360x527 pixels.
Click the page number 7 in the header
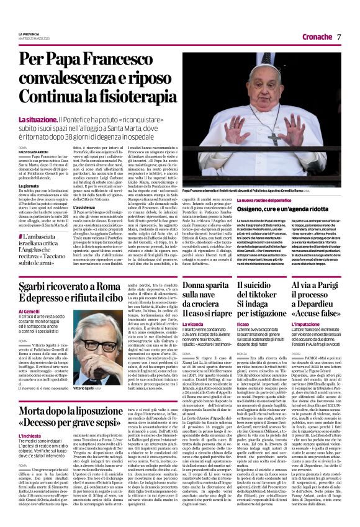[340, 37]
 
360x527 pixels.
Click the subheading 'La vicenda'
[194, 323]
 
